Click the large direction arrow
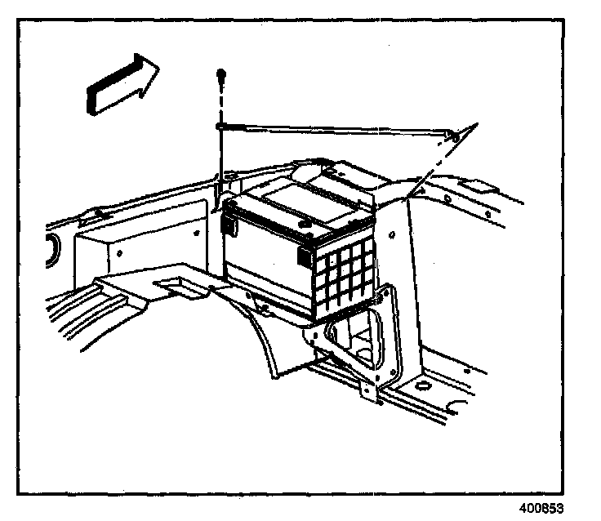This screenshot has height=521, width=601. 121,82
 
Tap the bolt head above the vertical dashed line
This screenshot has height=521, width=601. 220,74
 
